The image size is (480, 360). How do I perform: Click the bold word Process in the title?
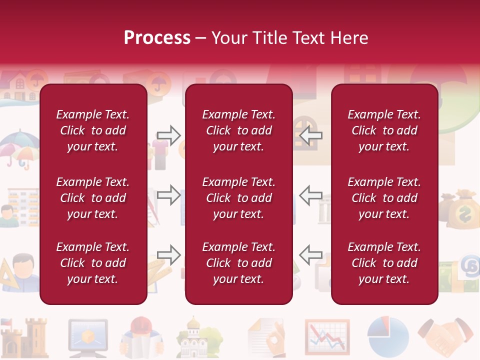point(157,38)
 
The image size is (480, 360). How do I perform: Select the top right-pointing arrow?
point(168,135)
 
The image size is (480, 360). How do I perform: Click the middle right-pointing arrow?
point(168,194)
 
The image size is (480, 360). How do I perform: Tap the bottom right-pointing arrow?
point(168,254)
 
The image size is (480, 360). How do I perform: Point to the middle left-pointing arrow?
point(310,194)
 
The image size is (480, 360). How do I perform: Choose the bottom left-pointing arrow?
point(310,254)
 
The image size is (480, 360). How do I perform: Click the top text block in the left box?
point(93,130)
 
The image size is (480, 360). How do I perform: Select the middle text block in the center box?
point(238,198)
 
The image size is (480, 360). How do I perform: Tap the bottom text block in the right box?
point(384,263)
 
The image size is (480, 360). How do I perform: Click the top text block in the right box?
point(384,130)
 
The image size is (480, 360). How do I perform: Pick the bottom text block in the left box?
point(93,263)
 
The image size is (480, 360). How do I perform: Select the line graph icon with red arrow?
point(327,336)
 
